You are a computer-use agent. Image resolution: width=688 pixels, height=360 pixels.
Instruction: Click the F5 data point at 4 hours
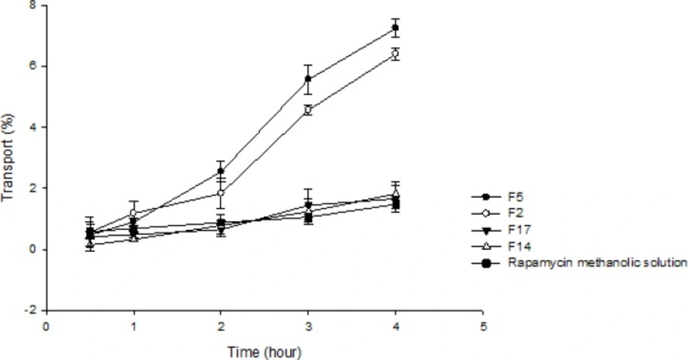(x=395, y=28)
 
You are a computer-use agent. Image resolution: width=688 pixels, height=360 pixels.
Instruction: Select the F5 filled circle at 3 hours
(x=308, y=79)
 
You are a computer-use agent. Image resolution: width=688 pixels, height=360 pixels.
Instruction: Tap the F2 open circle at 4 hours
(x=395, y=54)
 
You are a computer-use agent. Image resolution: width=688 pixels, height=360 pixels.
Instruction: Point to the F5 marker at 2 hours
(x=221, y=171)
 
